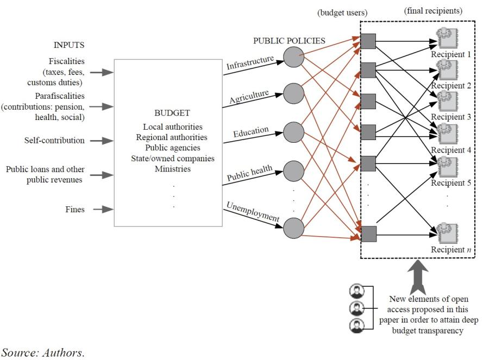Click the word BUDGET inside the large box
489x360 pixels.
point(172,113)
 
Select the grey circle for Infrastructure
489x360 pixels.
point(294,57)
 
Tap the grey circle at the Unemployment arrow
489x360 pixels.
point(294,228)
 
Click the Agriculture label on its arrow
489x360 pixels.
point(249,96)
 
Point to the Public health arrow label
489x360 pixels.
point(249,173)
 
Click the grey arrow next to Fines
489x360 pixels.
point(103,209)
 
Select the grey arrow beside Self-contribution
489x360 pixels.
point(102,141)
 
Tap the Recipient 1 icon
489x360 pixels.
point(448,38)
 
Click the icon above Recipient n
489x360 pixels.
point(448,233)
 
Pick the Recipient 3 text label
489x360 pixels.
point(451,117)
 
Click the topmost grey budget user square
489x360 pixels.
point(368,41)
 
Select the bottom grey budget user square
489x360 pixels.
point(368,234)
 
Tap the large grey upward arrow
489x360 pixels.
point(418,277)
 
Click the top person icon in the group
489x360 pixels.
point(357,292)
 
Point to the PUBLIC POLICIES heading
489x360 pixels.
point(289,41)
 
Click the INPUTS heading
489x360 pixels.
point(69,45)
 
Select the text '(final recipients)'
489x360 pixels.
point(433,11)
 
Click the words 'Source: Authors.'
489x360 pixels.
point(43,353)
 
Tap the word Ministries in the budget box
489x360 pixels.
point(173,169)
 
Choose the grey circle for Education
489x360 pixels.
point(294,132)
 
